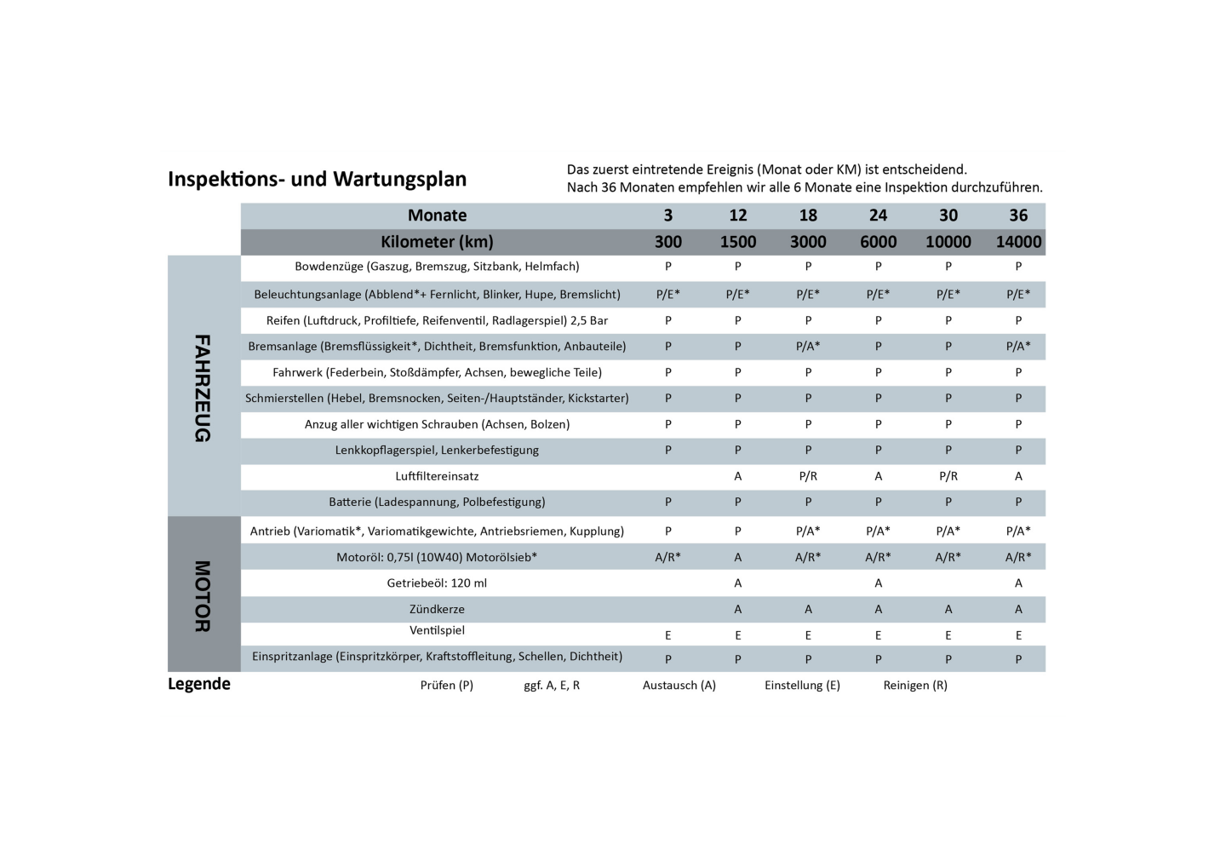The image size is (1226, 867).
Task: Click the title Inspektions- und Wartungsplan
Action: [x=317, y=179]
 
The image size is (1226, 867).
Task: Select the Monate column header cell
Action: [x=437, y=215]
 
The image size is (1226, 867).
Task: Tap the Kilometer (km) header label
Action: [x=437, y=242]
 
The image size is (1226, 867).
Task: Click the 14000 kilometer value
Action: [x=1018, y=242]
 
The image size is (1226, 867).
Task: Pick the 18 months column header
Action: [x=808, y=215]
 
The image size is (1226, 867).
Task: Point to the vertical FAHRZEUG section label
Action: [x=203, y=388]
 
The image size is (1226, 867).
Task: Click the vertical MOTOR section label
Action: [x=203, y=595]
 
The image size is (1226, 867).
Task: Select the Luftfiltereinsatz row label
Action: [x=437, y=476]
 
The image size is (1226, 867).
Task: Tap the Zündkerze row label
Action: [x=437, y=609]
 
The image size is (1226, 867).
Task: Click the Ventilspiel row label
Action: [x=437, y=630]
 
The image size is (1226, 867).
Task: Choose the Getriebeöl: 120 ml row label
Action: [x=437, y=583]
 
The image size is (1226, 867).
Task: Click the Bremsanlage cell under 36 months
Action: [x=1018, y=347]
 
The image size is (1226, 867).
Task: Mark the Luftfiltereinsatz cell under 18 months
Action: [x=808, y=476]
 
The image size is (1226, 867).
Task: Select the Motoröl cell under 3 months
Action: [x=668, y=557]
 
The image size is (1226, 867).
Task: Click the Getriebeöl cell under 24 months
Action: [x=878, y=583]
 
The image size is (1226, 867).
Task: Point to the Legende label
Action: [x=199, y=684]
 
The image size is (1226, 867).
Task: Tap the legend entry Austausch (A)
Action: [x=679, y=685]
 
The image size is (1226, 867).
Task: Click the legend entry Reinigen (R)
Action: [x=915, y=685]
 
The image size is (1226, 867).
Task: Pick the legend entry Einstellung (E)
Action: [x=802, y=685]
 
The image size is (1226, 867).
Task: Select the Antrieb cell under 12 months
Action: [x=738, y=531]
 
